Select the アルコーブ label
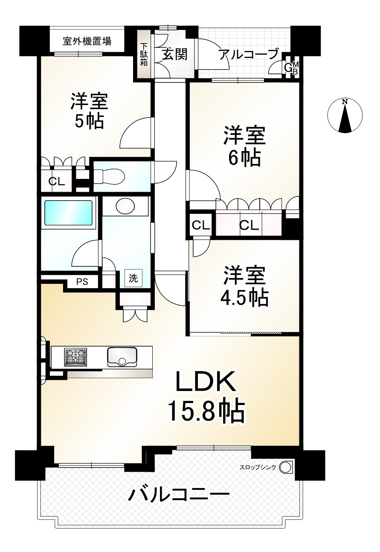[249, 55]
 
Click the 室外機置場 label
[87, 41]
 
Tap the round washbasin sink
[125, 206]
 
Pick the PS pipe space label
[82, 282]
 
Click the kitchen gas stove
[75, 357]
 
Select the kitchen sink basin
[122, 357]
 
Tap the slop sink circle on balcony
[286, 467]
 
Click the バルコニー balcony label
[179, 496]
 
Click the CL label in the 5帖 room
[56, 181]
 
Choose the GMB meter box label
[292, 67]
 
